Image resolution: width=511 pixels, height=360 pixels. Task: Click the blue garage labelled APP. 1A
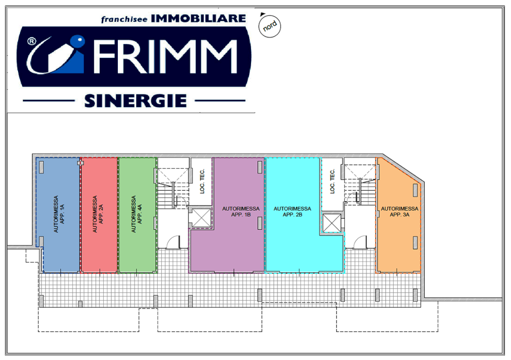point(59,215)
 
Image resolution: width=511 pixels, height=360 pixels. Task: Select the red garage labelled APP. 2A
point(99,215)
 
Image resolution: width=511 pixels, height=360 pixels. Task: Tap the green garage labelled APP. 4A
point(137,215)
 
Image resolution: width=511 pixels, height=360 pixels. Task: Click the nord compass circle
point(269,26)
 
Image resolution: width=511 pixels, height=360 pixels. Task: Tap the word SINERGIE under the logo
point(135,101)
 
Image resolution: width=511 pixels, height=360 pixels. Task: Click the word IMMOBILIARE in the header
point(198,18)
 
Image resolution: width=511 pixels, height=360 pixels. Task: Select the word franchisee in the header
point(124,19)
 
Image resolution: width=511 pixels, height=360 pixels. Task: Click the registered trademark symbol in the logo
point(31,41)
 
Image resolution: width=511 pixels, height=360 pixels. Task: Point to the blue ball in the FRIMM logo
point(77,41)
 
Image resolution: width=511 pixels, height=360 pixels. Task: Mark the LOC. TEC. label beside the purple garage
point(202,181)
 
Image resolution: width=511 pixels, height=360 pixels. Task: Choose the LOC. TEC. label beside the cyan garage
point(332,181)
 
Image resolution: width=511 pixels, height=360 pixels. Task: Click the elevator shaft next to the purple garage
point(202,218)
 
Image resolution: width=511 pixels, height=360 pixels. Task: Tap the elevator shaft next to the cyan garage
point(332,223)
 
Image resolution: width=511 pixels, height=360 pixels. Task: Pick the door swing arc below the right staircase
point(360,242)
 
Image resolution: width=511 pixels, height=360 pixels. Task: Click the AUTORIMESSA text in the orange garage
point(400,209)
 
